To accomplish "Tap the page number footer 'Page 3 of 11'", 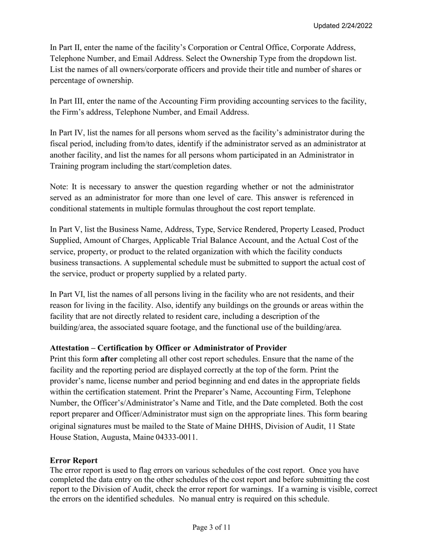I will click(212, 527).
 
